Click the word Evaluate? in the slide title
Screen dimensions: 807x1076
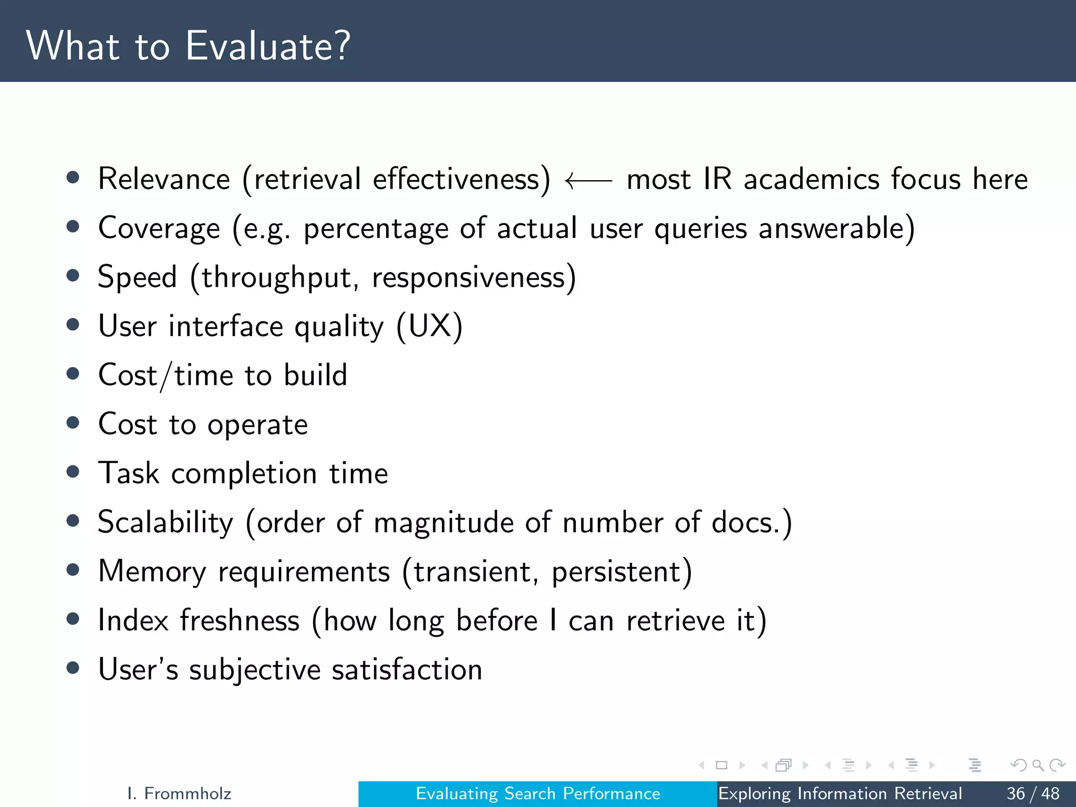pyautogui.click(x=268, y=46)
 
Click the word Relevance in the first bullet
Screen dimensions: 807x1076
pyautogui.click(x=164, y=179)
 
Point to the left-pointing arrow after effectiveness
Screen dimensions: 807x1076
pyautogui.click(x=588, y=181)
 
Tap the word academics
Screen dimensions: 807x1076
pyautogui.click(x=811, y=179)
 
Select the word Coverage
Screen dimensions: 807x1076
pyautogui.click(x=159, y=229)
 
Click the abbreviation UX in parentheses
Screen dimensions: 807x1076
pyautogui.click(x=429, y=326)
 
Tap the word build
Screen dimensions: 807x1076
pyautogui.click(x=315, y=375)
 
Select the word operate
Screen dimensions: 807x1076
pyautogui.click(x=257, y=425)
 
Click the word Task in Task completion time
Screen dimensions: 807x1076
pyautogui.click(x=129, y=473)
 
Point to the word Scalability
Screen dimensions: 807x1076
pyautogui.click(x=165, y=523)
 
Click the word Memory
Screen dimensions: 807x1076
pyautogui.click(x=152, y=572)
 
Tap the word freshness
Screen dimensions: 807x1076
pyautogui.click(x=240, y=620)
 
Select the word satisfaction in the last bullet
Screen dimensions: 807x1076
pyautogui.click(x=407, y=670)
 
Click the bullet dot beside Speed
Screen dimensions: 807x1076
pyautogui.click(x=73, y=276)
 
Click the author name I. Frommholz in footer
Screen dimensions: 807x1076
pyautogui.click(x=179, y=793)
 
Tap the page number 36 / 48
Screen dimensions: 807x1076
pyautogui.click(x=1033, y=793)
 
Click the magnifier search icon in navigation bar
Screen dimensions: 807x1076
pyautogui.click(x=1038, y=765)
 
